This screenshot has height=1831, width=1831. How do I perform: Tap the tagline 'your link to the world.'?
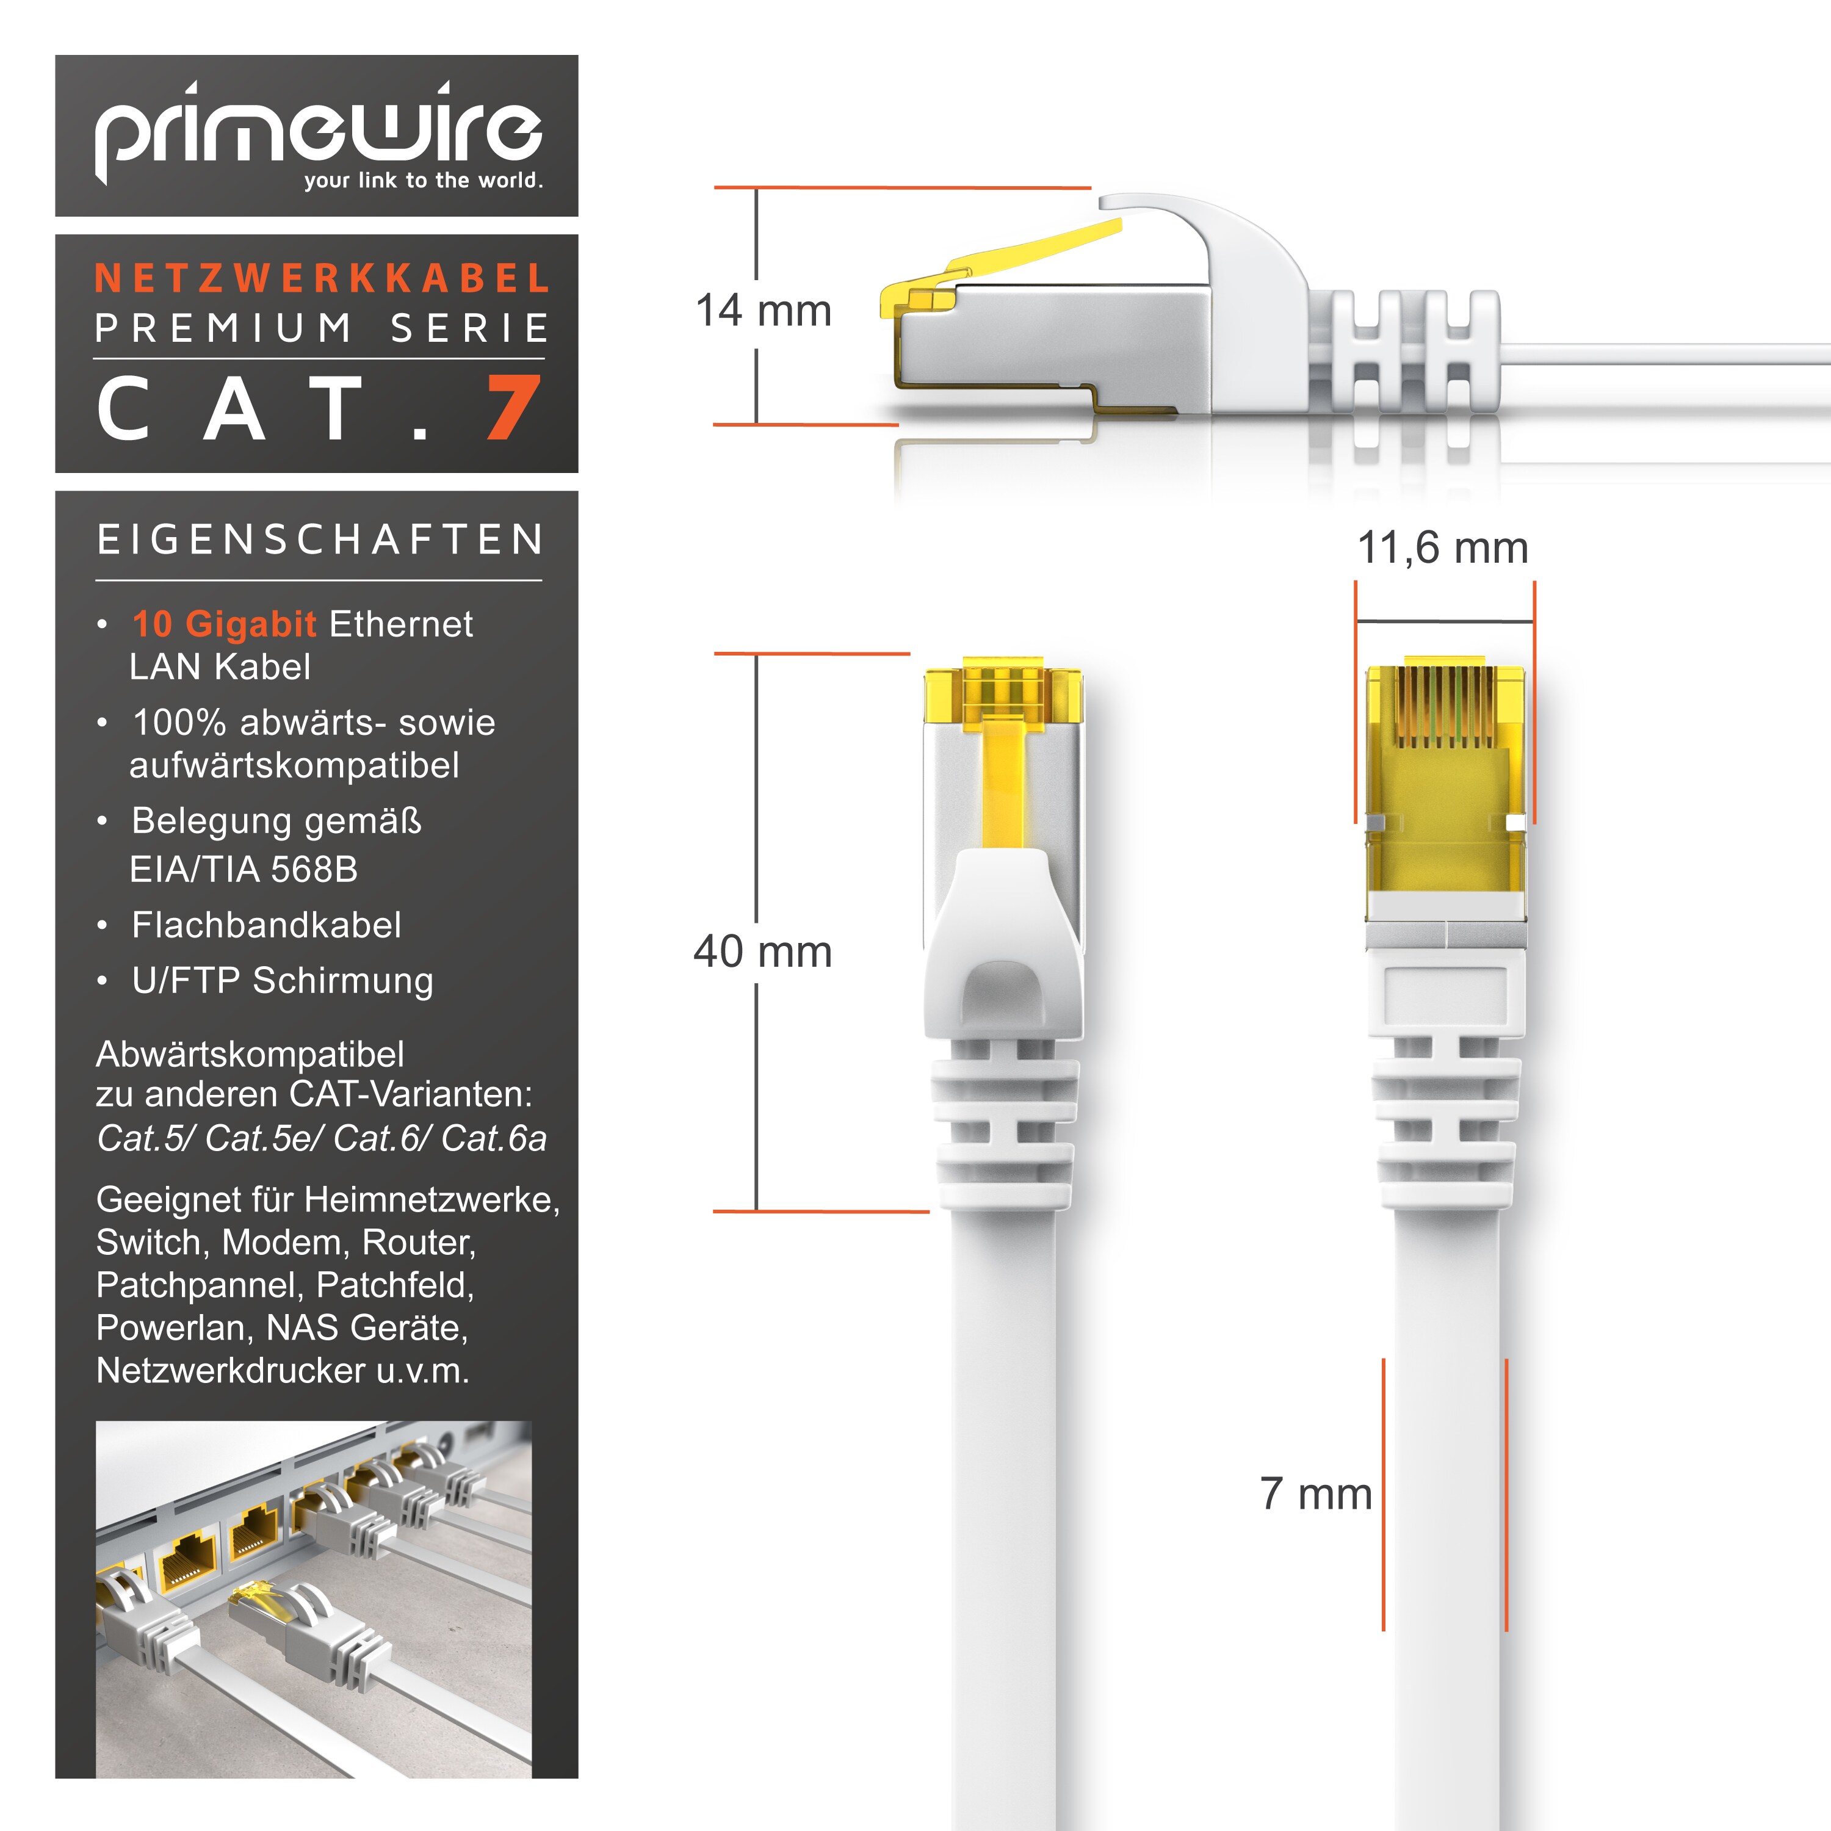tap(424, 180)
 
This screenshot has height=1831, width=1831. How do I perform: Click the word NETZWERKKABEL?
tap(322, 279)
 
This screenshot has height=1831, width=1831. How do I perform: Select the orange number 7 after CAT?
tap(514, 408)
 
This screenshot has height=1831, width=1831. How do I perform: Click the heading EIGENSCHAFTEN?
tap(320, 540)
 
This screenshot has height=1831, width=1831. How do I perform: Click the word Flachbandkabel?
tap(266, 925)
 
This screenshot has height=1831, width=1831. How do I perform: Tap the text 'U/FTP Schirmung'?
tap(283, 981)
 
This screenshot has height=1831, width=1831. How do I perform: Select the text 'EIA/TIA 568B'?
tap(244, 869)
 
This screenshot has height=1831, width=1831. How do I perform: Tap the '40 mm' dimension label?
tap(763, 952)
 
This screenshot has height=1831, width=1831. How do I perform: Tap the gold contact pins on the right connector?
tap(1444, 707)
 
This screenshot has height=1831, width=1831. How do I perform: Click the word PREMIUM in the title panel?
tap(223, 328)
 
